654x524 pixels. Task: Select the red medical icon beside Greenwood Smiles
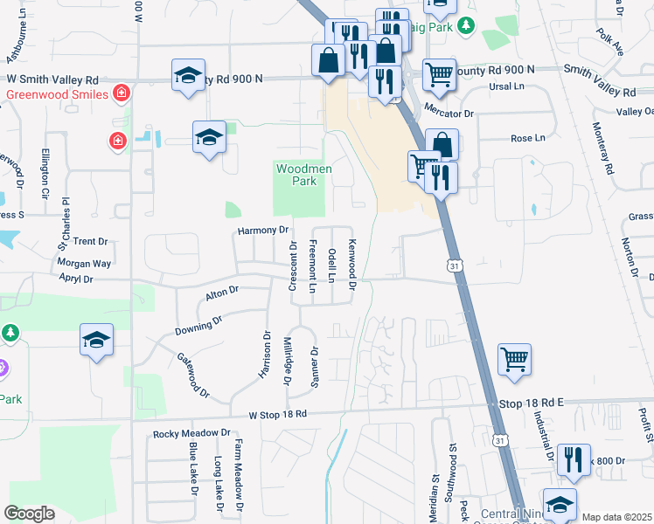122,93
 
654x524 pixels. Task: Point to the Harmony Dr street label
263,230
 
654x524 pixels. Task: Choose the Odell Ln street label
332,265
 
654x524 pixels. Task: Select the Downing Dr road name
193,327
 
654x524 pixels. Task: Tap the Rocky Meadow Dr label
191,433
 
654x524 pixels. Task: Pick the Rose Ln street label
527,138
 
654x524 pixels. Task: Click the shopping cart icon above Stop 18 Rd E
514,358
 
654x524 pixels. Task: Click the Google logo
30,514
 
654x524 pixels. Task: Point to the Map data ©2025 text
616,517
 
